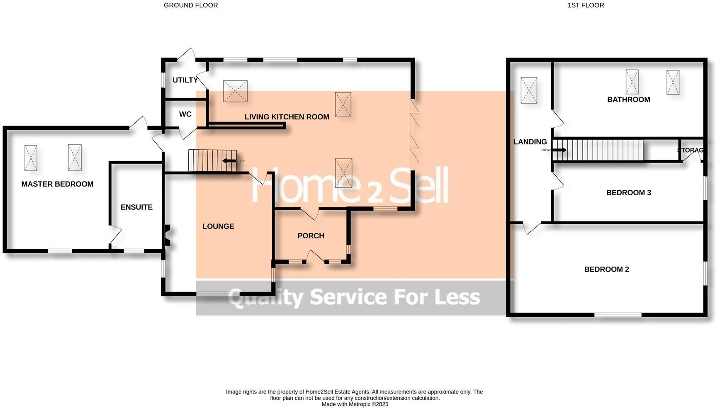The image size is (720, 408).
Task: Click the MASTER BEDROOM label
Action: click(57, 184)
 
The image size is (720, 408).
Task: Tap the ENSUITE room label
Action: click(136, 207)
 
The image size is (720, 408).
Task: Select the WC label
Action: click(185, 114)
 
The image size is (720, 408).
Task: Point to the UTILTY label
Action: click(185, 80)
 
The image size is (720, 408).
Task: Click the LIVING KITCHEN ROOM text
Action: click(287, 117)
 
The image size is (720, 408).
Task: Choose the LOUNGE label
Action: click(218, 226)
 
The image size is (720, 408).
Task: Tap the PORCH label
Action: click(311, 236)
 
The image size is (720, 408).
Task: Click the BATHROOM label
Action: click(628, 100)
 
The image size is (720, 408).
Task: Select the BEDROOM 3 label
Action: click(628, 192)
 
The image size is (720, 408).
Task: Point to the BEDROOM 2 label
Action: click(606, 270)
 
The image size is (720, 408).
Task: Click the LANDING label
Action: click(530, 142)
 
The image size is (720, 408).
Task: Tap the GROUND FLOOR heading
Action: click(191, 5)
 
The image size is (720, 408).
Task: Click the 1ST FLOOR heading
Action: click(586, 5)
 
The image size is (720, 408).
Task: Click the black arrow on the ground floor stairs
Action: click(229, 161)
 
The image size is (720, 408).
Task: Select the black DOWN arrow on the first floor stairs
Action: click(559, 150)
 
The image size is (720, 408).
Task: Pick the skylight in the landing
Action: click(529, 90)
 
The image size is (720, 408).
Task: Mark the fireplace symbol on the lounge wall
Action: click(168, 235)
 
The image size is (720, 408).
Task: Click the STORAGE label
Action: click(691, 150)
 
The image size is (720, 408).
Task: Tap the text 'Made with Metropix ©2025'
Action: click(355, 404)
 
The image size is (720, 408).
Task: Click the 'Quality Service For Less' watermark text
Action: click(354, 297)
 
